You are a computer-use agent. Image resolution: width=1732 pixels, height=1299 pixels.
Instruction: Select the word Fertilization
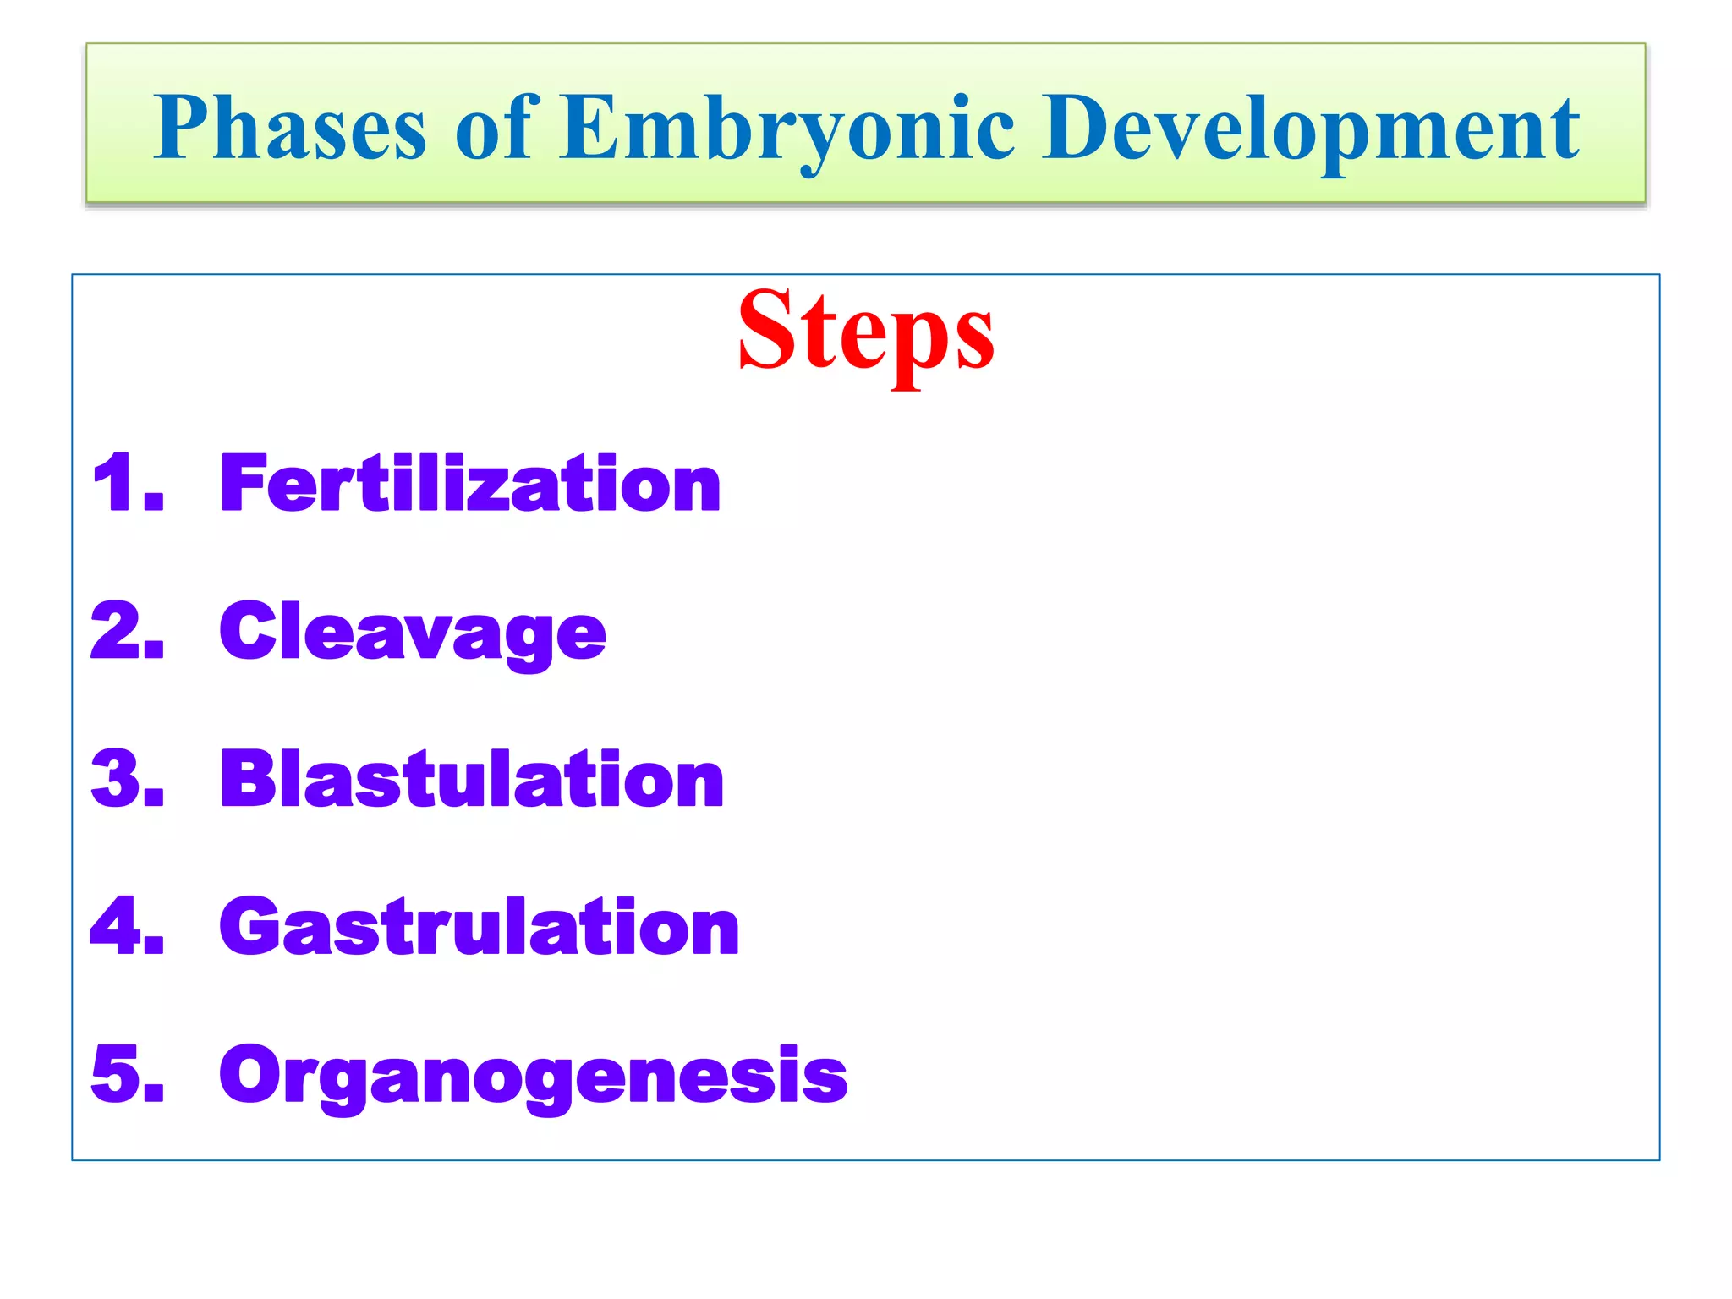[470, 484]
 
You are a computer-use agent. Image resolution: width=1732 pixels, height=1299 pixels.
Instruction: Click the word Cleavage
[413, 633]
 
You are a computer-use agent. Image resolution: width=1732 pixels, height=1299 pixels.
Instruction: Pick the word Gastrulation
[480, 928]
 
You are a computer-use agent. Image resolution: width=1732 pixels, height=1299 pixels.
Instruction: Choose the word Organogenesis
[533, 1076]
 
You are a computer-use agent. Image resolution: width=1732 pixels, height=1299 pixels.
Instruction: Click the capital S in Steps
[765, 330]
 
